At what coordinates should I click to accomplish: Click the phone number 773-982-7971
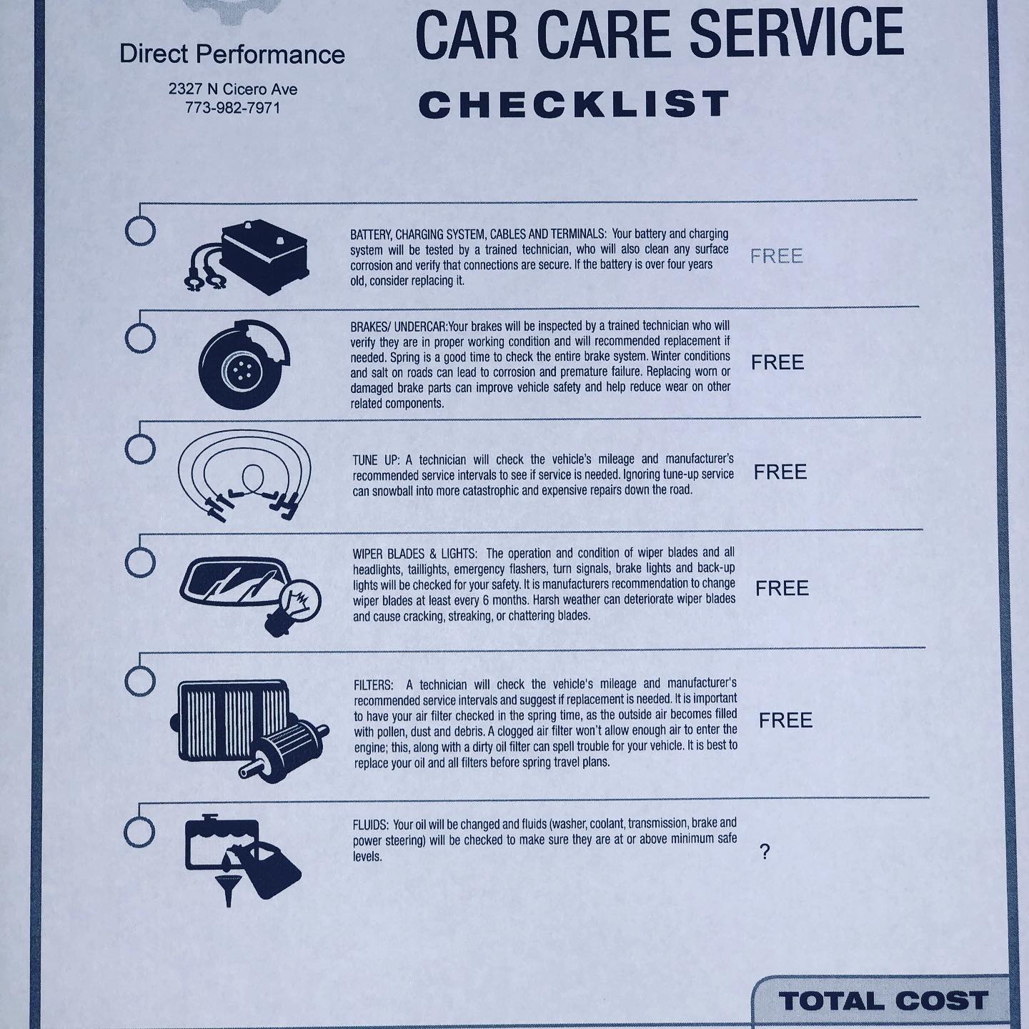(x=232, y=108)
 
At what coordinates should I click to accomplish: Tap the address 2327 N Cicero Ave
(x=233, y=89)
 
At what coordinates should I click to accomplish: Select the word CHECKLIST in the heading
(x=574, y=104)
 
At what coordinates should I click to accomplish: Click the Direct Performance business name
(x=232, y=54)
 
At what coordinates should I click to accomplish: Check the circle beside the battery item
(x=140, y=231)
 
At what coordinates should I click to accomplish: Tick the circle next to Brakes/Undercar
(x=140, y=338)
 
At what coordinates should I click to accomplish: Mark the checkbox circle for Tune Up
(x=140, y=448)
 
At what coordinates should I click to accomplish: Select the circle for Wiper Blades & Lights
(x=140, y=562)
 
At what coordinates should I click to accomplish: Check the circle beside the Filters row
(x=140, y=681)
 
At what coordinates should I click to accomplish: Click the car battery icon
(x=247, y=257)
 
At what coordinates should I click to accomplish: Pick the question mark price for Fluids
(x=765, y=852)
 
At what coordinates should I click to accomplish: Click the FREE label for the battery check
(x=777, y=257)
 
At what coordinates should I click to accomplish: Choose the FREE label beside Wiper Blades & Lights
(x=782, y=588)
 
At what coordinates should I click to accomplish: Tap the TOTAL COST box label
(x=883, y=1000)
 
